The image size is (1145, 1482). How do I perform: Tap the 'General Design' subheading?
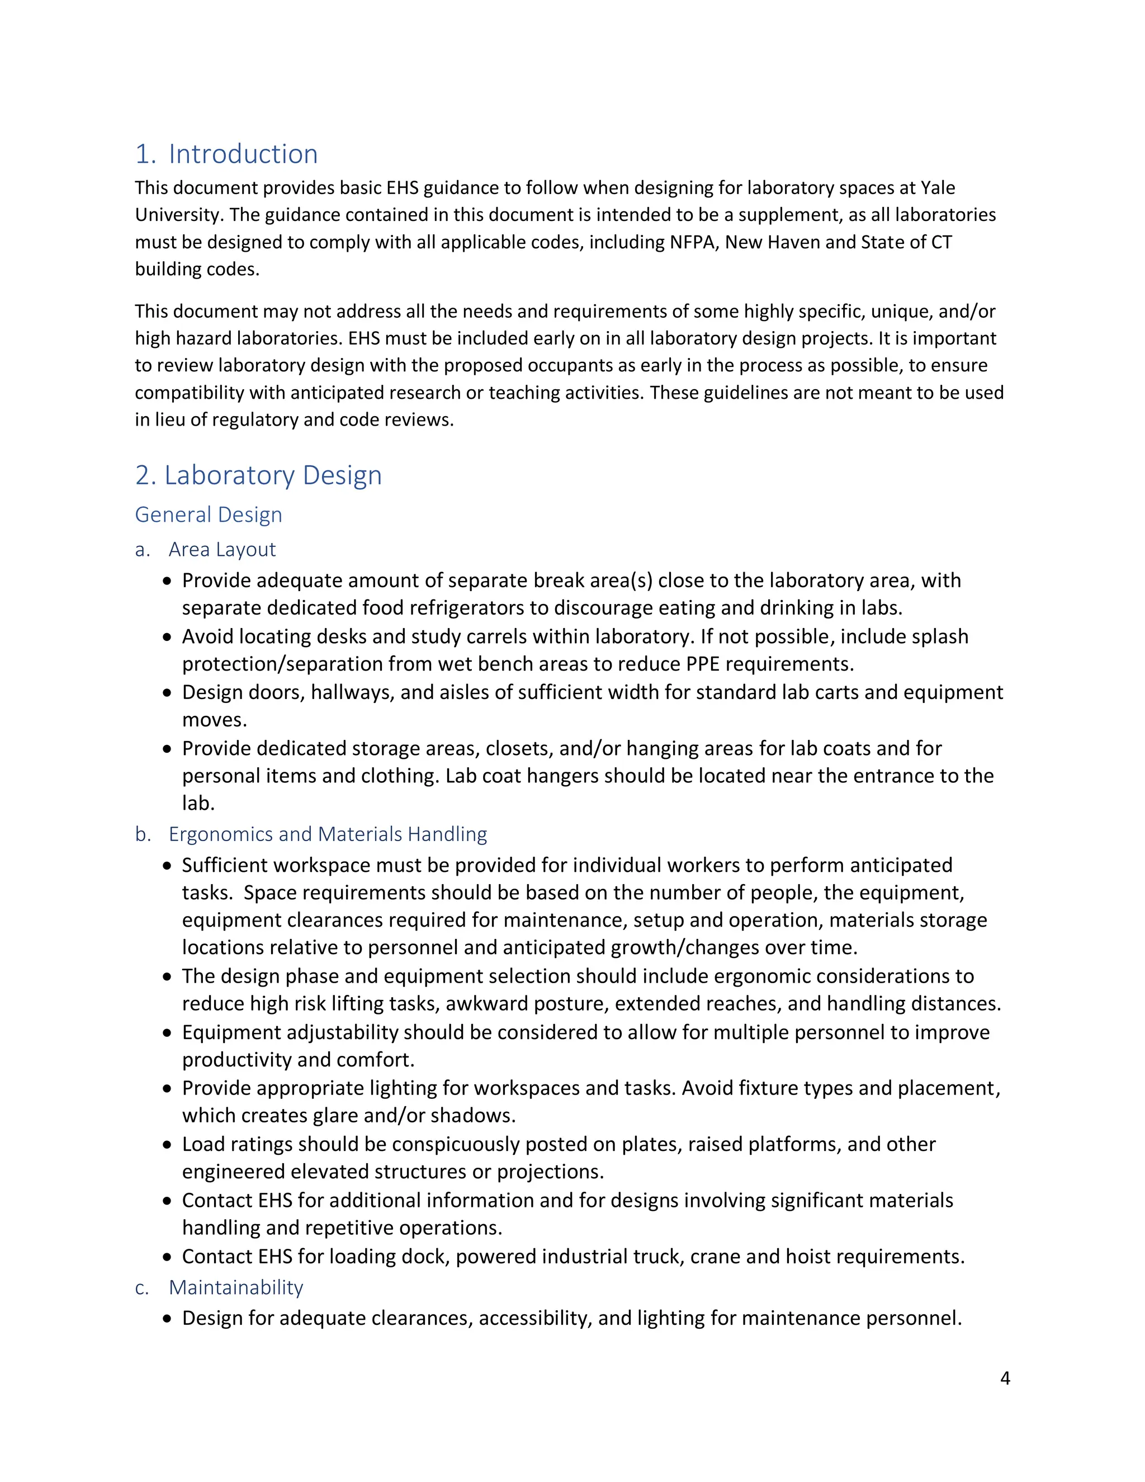(208, 515)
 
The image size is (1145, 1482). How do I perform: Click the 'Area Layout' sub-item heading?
(222, 549)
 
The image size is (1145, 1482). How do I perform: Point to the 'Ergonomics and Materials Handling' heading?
(328, 834)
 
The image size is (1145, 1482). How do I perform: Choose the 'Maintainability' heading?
(235, 1287)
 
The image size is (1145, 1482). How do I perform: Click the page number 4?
(1005, 1378)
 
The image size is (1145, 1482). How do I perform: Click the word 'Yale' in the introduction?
(938, 187)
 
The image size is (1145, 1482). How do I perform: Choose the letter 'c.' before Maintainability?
(142, 1288)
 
